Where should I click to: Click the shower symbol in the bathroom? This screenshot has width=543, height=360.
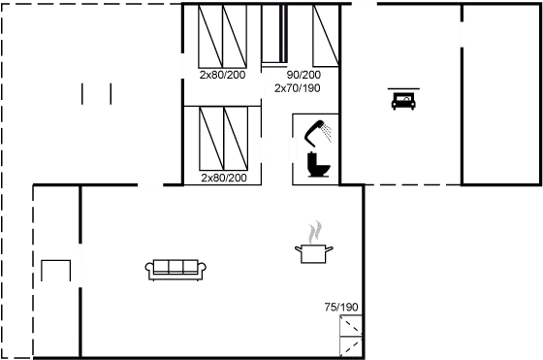320,129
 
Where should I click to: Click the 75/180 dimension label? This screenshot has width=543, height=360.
341,308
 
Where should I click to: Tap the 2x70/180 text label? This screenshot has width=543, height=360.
297,87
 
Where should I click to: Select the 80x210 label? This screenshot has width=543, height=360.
303,75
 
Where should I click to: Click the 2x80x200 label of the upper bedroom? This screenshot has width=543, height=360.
223,75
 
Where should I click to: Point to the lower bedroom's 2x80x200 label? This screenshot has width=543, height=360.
223,179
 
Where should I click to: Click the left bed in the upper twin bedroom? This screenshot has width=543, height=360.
210,38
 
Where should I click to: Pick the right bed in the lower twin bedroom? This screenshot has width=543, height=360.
236,140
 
